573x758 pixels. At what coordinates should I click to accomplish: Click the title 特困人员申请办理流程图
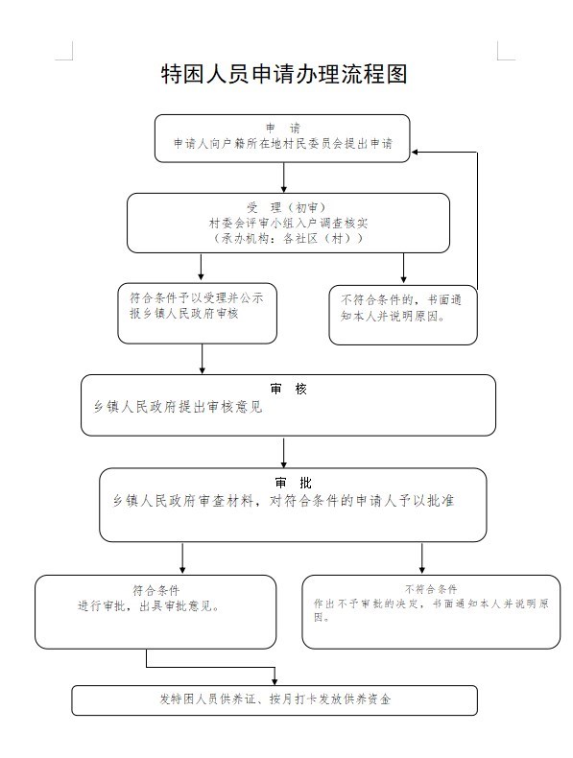click(284, 74)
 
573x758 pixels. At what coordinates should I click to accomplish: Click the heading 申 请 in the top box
click(283, 129)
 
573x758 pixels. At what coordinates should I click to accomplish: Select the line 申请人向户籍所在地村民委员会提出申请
click(283, 144)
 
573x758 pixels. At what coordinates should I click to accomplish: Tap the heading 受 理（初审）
click(286, 208)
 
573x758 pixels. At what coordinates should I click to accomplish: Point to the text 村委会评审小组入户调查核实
click(288, 223)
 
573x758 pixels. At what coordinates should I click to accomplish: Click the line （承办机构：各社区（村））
click(288, 238)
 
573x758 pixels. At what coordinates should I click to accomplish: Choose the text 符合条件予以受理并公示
click(197, 297)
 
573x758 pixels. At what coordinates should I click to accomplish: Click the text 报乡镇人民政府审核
click(183, 313)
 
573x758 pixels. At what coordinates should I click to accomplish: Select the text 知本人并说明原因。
click(393, 317)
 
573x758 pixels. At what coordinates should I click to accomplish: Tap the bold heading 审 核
click(288, 389)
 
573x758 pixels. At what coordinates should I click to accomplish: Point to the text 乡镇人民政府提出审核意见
click(178, 407)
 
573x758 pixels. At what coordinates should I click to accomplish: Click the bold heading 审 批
click(293, 483)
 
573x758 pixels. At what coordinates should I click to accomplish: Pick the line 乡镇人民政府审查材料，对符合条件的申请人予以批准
click(283, 500)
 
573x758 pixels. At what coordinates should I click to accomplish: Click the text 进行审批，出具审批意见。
click(149, 605)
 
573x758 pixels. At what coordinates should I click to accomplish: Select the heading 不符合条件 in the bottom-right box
click(431, 589)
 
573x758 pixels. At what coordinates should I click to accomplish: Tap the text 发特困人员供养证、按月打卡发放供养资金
click(275, 699)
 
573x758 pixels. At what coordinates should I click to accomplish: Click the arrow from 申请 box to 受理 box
click(284, 178)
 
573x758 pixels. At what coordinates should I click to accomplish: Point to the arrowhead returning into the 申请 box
click(415, 153)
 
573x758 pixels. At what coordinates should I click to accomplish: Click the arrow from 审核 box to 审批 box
click(284, 452)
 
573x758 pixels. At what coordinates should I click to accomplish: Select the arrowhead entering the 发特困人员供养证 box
click(275, 681)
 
